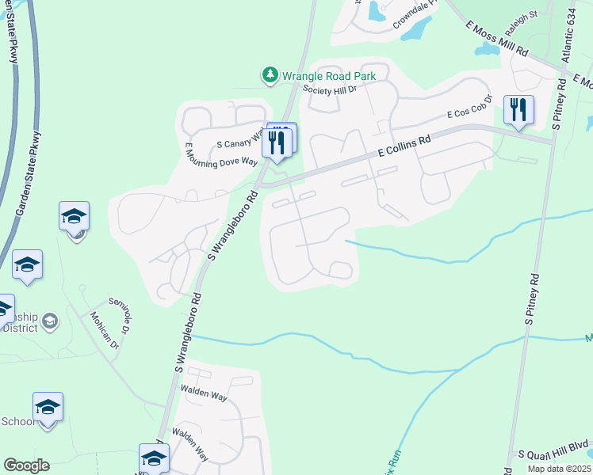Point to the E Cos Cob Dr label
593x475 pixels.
[470, 107]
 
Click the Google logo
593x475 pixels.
[26, 465]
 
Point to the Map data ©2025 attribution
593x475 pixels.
[559, 469]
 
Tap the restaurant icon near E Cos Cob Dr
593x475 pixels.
[518, 110]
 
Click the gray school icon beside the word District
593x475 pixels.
[50, 321]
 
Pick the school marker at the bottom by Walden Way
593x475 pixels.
[154, 458]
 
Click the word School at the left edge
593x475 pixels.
[18, 421]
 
